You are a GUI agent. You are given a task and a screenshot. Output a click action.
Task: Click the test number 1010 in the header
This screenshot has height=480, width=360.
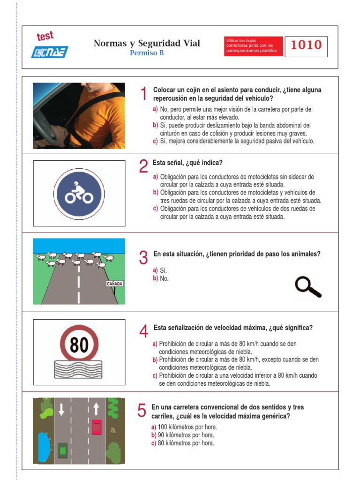[306, 45]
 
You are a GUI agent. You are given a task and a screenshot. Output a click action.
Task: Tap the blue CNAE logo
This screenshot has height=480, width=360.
[49, 52]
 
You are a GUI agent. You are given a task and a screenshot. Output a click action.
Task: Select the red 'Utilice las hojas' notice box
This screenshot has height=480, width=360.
[253, 46]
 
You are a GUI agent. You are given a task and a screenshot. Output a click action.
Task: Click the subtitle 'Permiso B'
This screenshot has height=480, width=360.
[147, 53]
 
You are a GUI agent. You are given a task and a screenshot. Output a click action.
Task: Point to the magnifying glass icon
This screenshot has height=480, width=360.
[307, 287]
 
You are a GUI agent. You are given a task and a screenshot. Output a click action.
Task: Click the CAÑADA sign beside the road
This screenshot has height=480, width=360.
[114, 284]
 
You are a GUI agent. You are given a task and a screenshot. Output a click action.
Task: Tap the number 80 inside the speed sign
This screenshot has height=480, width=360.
[79, 345]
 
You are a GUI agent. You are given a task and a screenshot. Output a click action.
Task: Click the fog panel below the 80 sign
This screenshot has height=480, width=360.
[78, 369]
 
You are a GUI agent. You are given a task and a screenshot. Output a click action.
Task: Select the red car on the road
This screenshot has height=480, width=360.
[97, 427]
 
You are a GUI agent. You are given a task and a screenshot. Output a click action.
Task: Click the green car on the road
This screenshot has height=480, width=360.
[63, 450]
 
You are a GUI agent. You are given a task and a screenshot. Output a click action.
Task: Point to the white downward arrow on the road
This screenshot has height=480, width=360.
[61, 409]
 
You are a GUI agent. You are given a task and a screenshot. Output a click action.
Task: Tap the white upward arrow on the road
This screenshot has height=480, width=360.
[96, 409]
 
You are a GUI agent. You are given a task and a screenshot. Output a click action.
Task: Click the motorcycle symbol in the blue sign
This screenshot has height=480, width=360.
[79, 193]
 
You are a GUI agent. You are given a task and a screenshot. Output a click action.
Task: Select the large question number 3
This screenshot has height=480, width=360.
[143, 257]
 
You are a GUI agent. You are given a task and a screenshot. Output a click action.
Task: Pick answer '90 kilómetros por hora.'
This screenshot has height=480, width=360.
[182, 435]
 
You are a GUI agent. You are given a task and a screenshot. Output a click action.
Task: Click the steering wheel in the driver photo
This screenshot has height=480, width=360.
[45, 126]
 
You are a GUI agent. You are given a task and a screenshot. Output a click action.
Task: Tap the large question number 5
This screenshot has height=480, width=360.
[142, 410]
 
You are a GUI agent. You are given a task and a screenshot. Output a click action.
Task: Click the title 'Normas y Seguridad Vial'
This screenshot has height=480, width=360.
[147, 43]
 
